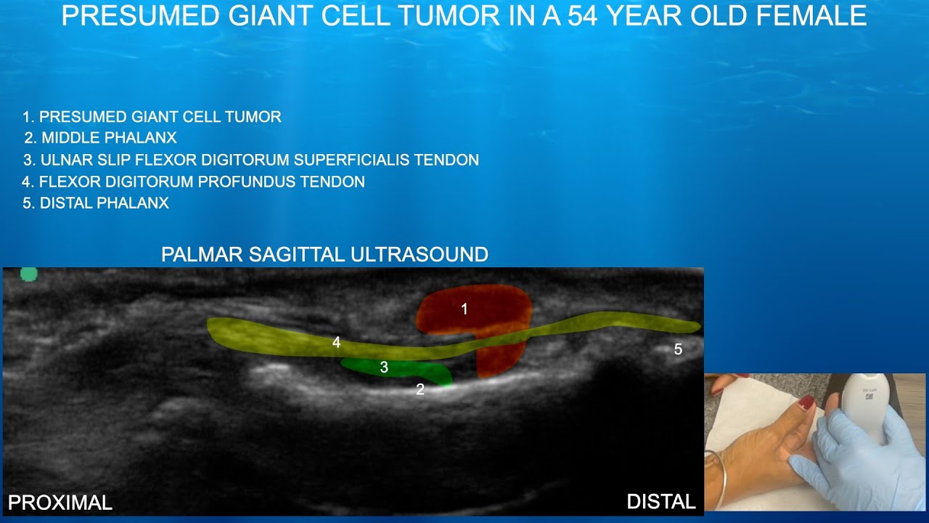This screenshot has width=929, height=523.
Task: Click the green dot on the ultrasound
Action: coord(28,274)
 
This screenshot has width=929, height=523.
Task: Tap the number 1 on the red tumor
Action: coord(464,309)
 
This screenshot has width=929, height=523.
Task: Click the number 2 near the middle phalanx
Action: coord(420,389)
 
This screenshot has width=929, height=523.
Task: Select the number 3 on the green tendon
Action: coord(384,368)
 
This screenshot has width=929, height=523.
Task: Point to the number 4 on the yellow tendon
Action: coord(336,342)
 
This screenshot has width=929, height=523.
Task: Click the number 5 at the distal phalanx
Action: coord(678,349)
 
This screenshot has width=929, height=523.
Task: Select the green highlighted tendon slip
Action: coord(406,369)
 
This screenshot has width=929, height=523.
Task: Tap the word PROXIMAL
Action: coord(60,503)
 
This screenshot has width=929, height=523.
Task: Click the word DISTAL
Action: coord(660,501)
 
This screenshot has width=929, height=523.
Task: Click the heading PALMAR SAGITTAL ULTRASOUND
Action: coord(324,254)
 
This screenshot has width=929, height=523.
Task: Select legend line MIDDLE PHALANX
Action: coord(108,138)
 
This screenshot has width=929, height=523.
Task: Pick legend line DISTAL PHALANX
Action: coord(104,203)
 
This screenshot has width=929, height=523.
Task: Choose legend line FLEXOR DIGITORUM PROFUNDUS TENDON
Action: coord(202,182)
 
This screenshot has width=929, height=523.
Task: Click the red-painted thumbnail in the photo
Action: coord(806,402)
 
